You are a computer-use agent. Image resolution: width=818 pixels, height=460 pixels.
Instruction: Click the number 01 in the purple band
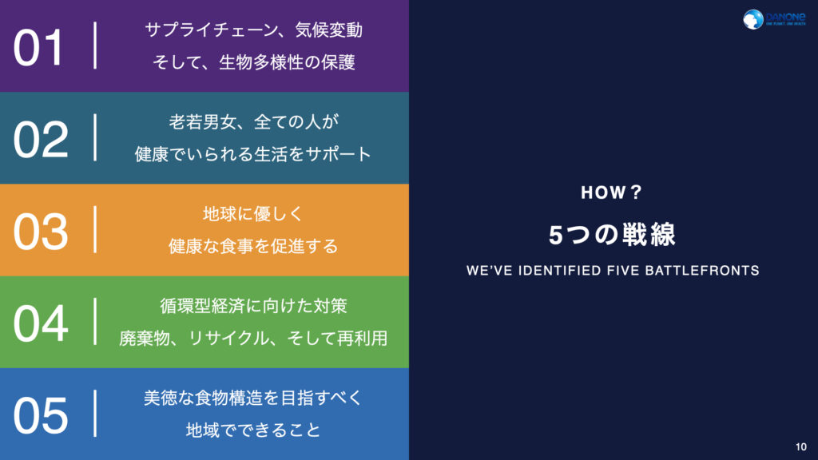[38, 47]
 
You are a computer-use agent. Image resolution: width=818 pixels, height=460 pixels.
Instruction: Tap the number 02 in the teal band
[40, 139]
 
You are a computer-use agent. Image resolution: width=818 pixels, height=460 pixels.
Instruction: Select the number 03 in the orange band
[40, 231]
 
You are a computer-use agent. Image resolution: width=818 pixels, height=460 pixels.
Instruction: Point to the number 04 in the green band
[40, 323]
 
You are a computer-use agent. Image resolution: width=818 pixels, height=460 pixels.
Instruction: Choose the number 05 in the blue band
[40, 414]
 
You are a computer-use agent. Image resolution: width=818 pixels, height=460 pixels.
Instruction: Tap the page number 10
[801, 446]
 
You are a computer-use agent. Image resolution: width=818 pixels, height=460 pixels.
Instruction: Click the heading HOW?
[612, 193]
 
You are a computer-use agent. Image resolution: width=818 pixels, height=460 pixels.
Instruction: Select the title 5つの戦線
[613, 234]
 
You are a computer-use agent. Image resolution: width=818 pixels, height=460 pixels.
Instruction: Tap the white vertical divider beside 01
[96, 46]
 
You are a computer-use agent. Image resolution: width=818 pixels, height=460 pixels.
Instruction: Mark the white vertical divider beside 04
[96, 322]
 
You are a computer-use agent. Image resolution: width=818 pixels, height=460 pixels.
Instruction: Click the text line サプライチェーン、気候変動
[253, 31]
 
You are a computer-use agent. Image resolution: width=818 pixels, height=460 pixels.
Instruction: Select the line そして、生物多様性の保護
[253, 62]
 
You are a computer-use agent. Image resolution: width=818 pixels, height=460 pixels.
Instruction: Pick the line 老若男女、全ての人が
[253, 123]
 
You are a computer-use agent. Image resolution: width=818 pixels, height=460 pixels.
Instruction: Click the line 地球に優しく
[253, 215]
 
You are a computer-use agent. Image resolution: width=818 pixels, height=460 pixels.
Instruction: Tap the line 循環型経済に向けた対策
[253, 307]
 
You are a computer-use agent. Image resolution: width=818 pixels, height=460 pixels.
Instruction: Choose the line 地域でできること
[253, 430]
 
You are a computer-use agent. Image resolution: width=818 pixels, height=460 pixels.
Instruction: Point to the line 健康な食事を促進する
[253, 246]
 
